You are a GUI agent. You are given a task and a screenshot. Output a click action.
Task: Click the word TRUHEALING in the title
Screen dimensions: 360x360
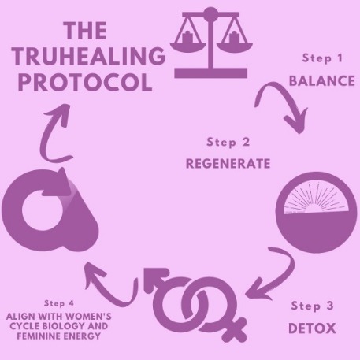89,56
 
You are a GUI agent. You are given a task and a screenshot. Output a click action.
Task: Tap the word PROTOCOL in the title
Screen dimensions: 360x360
85,82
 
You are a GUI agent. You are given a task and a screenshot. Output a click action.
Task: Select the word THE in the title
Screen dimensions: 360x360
85,31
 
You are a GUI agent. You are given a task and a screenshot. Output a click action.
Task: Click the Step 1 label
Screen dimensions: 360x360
322,58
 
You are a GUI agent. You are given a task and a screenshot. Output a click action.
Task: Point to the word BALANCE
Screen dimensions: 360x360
322,80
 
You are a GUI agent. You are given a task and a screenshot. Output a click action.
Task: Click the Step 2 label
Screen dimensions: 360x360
228,143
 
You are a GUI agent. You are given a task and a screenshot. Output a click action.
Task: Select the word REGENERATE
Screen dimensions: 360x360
228,164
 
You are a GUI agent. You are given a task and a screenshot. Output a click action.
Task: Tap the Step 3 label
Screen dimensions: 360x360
312,306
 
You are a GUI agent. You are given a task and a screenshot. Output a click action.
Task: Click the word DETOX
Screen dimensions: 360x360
312,328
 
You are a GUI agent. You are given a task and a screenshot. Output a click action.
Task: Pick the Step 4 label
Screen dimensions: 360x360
59,303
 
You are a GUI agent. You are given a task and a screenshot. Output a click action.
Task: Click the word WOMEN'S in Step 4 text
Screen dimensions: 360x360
90,317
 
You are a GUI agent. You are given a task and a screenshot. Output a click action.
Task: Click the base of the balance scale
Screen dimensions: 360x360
210,73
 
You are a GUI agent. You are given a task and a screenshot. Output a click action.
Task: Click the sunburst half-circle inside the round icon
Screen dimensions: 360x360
317,199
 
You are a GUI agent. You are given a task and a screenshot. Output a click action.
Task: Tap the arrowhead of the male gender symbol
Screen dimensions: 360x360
154,279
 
